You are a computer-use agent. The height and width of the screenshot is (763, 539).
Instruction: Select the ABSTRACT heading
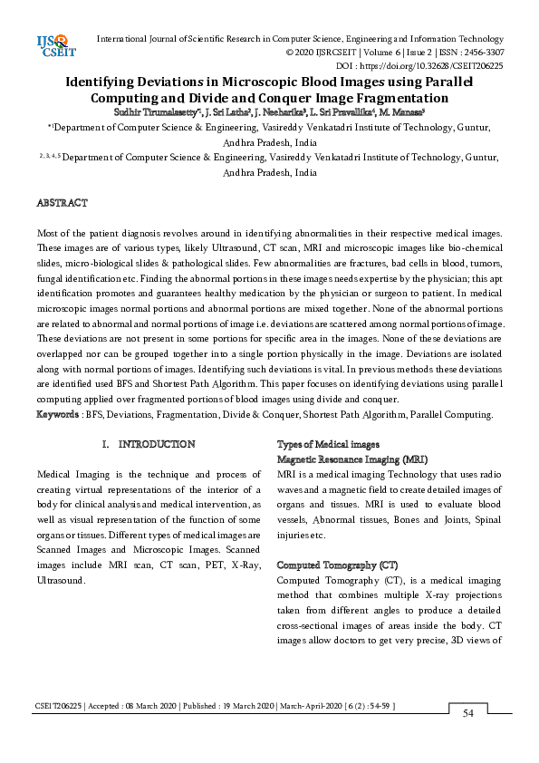tap(62, 203)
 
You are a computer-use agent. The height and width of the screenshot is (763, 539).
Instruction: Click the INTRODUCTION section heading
tap(156, 444)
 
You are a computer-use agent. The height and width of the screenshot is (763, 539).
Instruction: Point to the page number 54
tap(468, 713)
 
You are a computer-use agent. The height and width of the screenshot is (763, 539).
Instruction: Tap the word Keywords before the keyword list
tap(57, 414)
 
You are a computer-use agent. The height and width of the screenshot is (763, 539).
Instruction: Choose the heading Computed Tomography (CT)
tap(338, 564)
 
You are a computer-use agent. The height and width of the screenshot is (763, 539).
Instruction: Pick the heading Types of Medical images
tap(328, 444)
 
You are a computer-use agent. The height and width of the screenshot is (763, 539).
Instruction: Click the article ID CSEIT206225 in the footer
tap(58, 705)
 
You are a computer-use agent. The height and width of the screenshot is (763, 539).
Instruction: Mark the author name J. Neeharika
tap(283, 111)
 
